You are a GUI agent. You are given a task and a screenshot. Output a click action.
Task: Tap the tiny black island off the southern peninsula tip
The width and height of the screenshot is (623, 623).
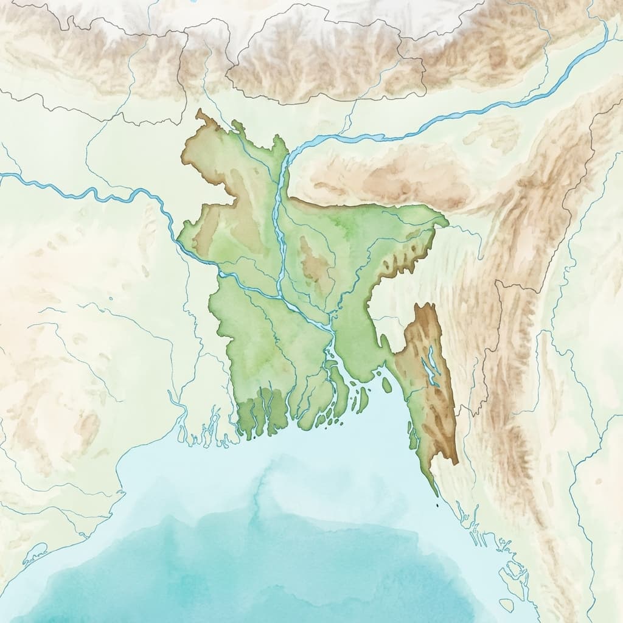coord(437,504)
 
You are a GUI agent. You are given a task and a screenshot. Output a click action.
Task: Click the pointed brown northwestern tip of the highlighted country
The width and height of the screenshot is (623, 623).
coord(199,112)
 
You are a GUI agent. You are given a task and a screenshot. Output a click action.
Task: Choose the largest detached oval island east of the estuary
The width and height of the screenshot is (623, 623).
coord(387,385)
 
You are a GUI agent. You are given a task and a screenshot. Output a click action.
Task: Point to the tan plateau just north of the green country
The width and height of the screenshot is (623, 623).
coord(389,173)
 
